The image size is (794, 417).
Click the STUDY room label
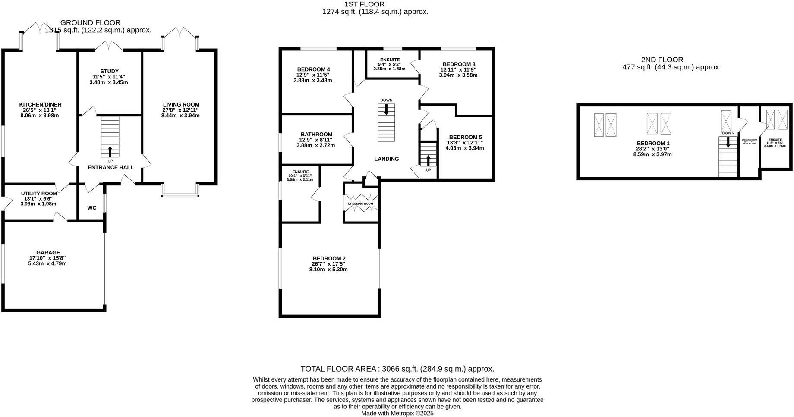pyautogui.click(x=109, y=72)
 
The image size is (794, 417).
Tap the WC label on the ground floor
pyautogui.click(x=92, y=208)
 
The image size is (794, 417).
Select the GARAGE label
pyautogui.click(x=48, y=253)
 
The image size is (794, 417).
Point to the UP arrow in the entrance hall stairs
pyautogui.click(x=110, y=151)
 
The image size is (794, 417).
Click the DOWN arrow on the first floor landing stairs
pyautogui.click(x=386, y=110)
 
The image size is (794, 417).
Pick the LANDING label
pyautogui.click(x=386, y=159)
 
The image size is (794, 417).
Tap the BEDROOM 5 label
pyautogui.click(x=465, y=137)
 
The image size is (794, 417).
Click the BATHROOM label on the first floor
pyautogui.click(x=316, y=135)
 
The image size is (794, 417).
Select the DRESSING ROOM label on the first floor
pyautogui.click(x=361, y=204)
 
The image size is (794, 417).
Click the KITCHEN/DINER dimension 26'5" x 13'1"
pyautogui.click(x=40, y=110)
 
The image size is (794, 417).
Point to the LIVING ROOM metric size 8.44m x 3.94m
pyautogui.click(x=181, y=116)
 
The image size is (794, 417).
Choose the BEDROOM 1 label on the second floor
pyautogui.click(x=653, y=143)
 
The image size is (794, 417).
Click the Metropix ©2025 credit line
pyautogui.click(x=397, y=413)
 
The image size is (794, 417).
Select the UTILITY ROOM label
pyautogui.click(x=39, y=194)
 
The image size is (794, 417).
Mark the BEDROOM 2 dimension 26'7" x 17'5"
pyautogui.click(x=328, y=264)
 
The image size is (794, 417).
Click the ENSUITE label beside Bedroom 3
pyautogui.click(x=390, y=60)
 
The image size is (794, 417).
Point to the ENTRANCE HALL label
pyautogui.click(x=110, y=167)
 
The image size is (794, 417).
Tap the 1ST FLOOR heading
pyautogui.click(x=364, y=4)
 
